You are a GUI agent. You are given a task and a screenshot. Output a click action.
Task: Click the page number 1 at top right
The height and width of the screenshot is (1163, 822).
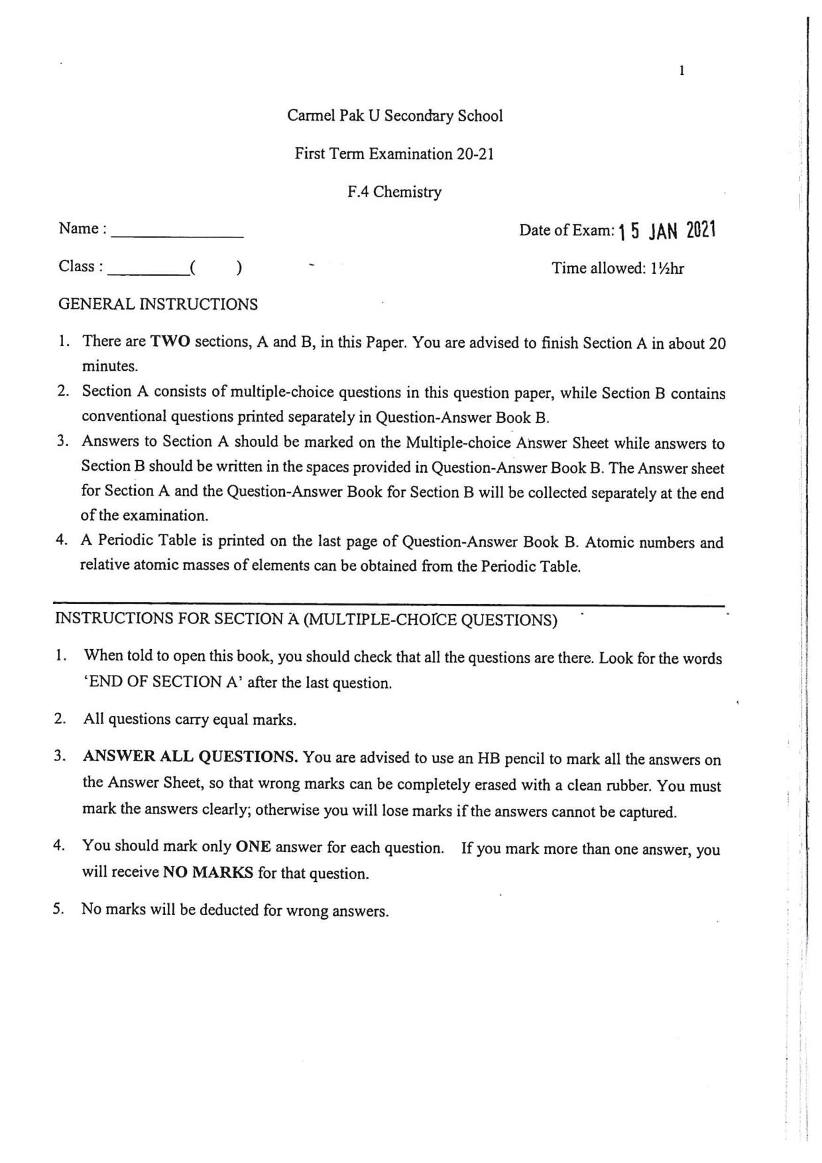click(x=682, y=71)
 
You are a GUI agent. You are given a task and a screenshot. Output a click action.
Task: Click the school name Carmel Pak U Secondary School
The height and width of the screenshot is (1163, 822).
click(x=394, y=116)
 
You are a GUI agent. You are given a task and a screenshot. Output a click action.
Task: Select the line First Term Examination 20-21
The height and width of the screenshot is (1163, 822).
click(x=394, y=154)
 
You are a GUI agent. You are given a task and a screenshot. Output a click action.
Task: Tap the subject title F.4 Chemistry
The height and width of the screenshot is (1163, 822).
click(x=394, y=192)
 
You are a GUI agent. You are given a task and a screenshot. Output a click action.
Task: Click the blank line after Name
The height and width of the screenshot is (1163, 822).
click(x=177, y=232)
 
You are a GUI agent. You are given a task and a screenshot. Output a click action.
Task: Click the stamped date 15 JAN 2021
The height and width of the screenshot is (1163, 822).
click(x=667, y=231)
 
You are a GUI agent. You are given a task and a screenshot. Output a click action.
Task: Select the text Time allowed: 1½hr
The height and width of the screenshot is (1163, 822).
click(x=618, y=269)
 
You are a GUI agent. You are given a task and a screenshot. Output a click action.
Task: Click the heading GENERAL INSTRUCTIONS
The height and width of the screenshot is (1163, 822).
click(x=158, y=305)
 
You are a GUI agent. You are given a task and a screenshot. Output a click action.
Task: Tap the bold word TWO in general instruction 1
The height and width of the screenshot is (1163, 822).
click(x=170, y=342)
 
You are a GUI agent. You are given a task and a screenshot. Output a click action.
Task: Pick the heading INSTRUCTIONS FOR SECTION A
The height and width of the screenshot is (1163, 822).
click(x=306, y=619)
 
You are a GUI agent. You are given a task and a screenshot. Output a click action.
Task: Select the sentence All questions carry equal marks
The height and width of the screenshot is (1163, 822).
click(x=190, y=720)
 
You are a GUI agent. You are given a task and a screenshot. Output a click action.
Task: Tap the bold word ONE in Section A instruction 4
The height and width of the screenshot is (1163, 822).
click(x=253, y=847)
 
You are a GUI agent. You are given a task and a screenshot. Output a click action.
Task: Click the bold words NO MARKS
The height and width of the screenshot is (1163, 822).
click(x=208, y=873)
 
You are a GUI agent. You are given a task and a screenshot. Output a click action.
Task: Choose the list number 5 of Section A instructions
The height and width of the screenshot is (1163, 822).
click(x=59, y=909)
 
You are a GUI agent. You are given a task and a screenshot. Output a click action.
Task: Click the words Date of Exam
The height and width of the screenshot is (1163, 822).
click(x=567, y=231)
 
